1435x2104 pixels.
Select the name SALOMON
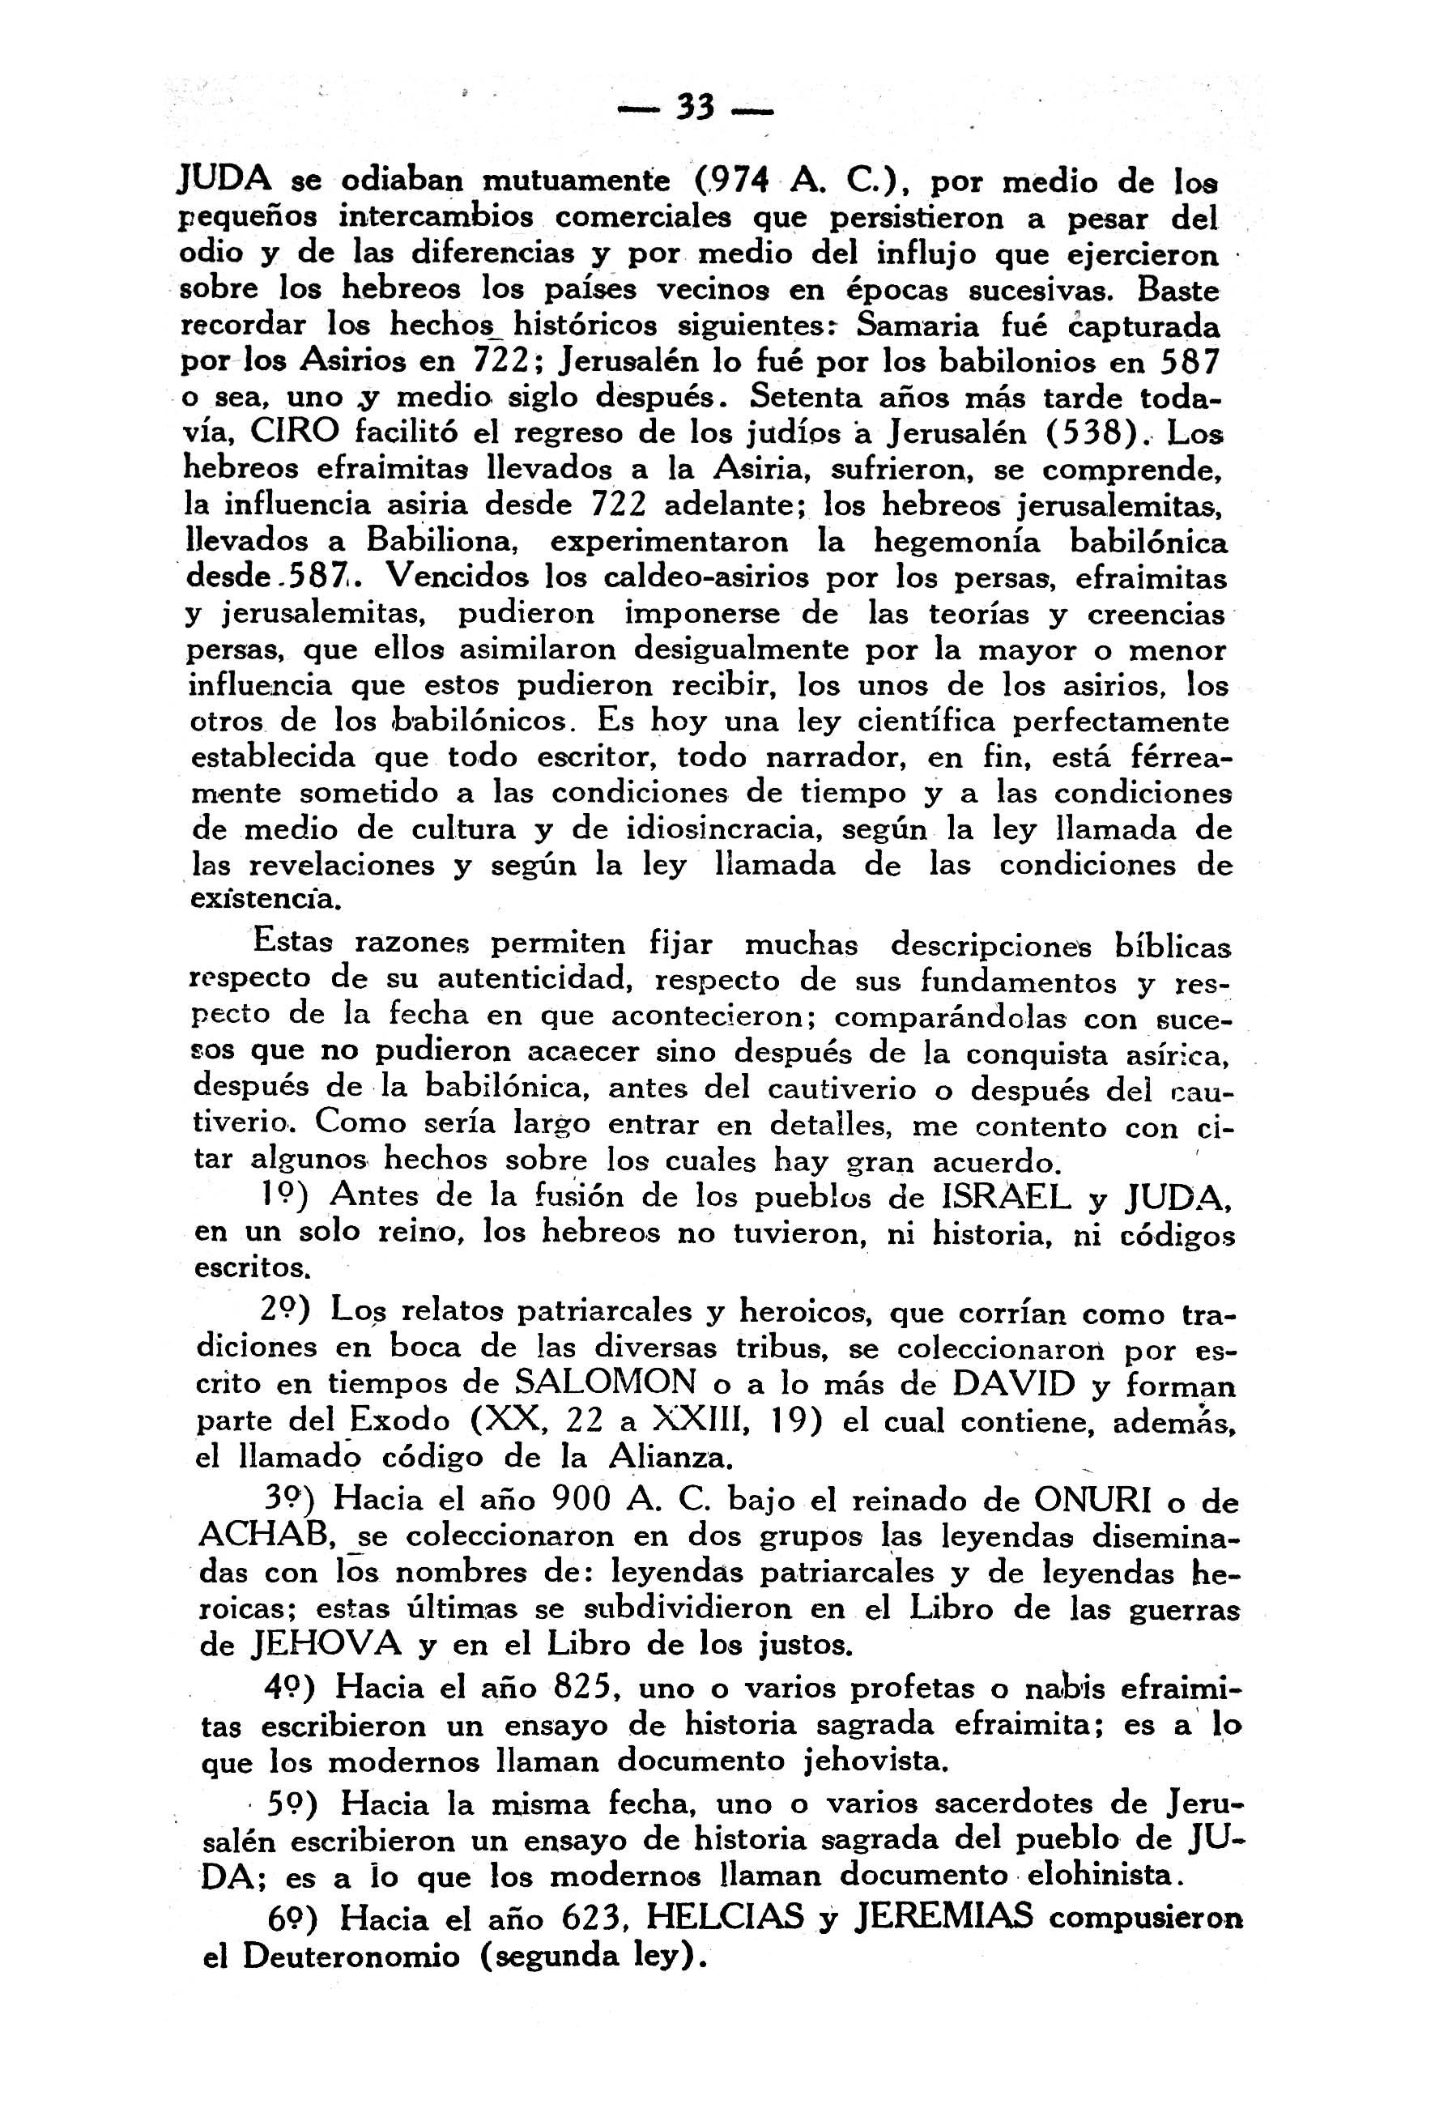click(605, 1384)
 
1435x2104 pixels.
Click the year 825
click(585, 1689)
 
